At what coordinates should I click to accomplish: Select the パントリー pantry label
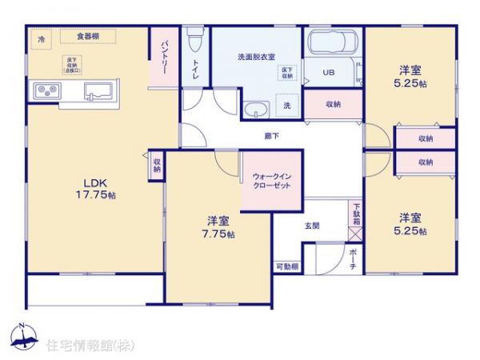tap(163, 57)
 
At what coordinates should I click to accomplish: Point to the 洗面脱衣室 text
tap(256, 58)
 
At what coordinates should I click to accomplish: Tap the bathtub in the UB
tap(331, 45)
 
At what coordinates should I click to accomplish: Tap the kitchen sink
tap(98, 89)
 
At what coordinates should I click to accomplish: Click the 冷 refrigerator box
tap(40, 38)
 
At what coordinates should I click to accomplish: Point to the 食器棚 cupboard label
tap(87, 37)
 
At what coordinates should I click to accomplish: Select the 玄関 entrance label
tap(313, 226)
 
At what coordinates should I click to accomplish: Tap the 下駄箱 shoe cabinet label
tap(356, 214)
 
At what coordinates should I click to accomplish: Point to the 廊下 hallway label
tap(272, 136)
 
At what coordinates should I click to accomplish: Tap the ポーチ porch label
tap(354, 259)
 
